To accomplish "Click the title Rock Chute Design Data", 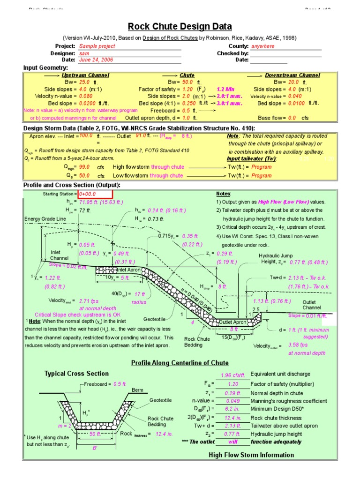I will coord(180,27).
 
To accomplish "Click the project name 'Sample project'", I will coord(97,46).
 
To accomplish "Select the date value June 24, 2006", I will coord(96,60).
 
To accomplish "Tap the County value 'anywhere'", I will coord(263,46).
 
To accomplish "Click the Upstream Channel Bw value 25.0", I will coord(72,82).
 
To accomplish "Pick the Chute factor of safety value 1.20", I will coord(187,89).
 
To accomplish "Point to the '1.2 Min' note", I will coord(225,89).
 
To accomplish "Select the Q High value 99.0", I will coord(85,167).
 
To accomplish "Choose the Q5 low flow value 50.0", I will coord(85,176).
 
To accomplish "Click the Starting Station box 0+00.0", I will coord(95,194).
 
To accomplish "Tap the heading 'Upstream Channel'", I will coord(85,75).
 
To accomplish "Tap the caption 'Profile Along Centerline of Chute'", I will coord(180,363).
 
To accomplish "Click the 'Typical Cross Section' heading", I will coord(76,374).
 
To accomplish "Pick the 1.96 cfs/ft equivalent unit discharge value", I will coord(233,375).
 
